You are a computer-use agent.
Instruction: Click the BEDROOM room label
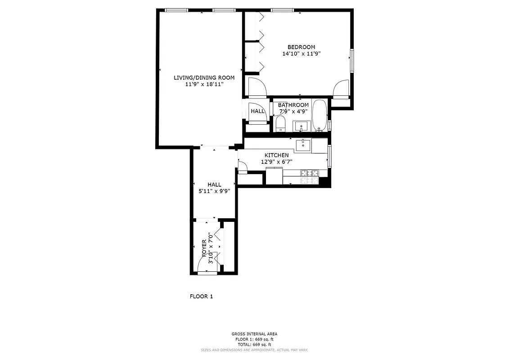[x=301, y=47]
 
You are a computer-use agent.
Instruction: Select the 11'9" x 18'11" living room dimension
[x=204, y=84]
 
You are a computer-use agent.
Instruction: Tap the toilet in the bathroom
[x=280, y=124]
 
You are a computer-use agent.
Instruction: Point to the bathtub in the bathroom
[x=320, y=116]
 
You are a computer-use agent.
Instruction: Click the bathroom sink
[x=301, y=126]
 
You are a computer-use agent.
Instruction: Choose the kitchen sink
[x=303, y=145]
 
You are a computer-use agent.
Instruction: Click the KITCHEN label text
[x=276, y=155]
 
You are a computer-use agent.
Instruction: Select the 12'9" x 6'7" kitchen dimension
[x=276, y=162]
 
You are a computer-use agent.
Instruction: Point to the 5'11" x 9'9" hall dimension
[x=214, y=191]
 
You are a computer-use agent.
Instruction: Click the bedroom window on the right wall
[x=352, y=60]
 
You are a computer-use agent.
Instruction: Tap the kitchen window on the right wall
[x=330, y=155]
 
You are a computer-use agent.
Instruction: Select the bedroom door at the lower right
[x=341, y=88]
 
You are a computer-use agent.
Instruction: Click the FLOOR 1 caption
[x=201, y=296]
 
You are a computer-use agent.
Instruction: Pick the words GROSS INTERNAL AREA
[x=254, y=334]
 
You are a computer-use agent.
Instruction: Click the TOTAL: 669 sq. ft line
[x=254, y=344]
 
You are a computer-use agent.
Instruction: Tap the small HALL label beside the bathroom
[x=258, y=111]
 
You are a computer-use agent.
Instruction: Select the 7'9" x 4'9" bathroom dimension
[x=293, y=112]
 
